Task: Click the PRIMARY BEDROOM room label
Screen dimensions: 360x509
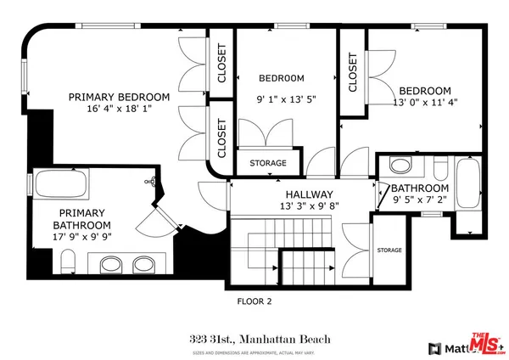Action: [x=119, y=96]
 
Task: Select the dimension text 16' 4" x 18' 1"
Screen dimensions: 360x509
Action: [x=119, y=109]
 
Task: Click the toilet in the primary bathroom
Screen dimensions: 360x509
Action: [x=72, y=260]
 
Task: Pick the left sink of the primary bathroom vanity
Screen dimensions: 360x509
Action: [x=109, y=262]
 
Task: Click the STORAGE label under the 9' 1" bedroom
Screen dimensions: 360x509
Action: [x=267, y=163]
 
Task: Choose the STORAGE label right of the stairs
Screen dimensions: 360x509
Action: [x=389, y=250]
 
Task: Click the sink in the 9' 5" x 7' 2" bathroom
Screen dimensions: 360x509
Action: [x=401, y=165]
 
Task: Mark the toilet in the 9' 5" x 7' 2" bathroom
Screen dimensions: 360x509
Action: [x=439, y=166]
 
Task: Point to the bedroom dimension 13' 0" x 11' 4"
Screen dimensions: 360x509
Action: [x=425, y=104]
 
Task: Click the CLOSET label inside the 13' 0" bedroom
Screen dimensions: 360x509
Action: [x=352, y=73]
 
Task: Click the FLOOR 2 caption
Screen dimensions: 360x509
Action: [x=254, y=300]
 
